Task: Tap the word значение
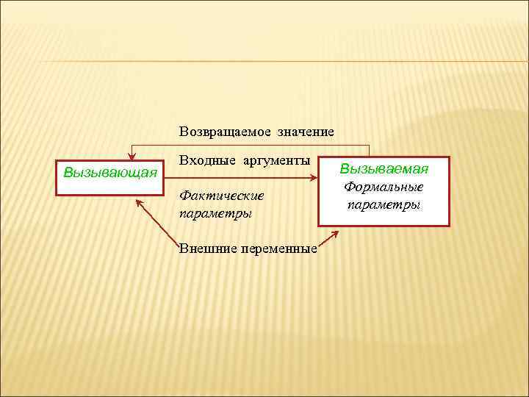pyautogui.click(x=306, y=132)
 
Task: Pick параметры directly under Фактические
pyautogui.click(x=215, y=214)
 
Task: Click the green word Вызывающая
pyautogui.click(x=110, y=173)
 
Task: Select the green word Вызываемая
pyautogui.click(x=383, y=169)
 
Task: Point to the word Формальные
pyautogui.click(x=383, y=187)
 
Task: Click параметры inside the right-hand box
pyautogui.click(x=384, y=204)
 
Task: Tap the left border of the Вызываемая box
pyautogui.click(x=318, y=198)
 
